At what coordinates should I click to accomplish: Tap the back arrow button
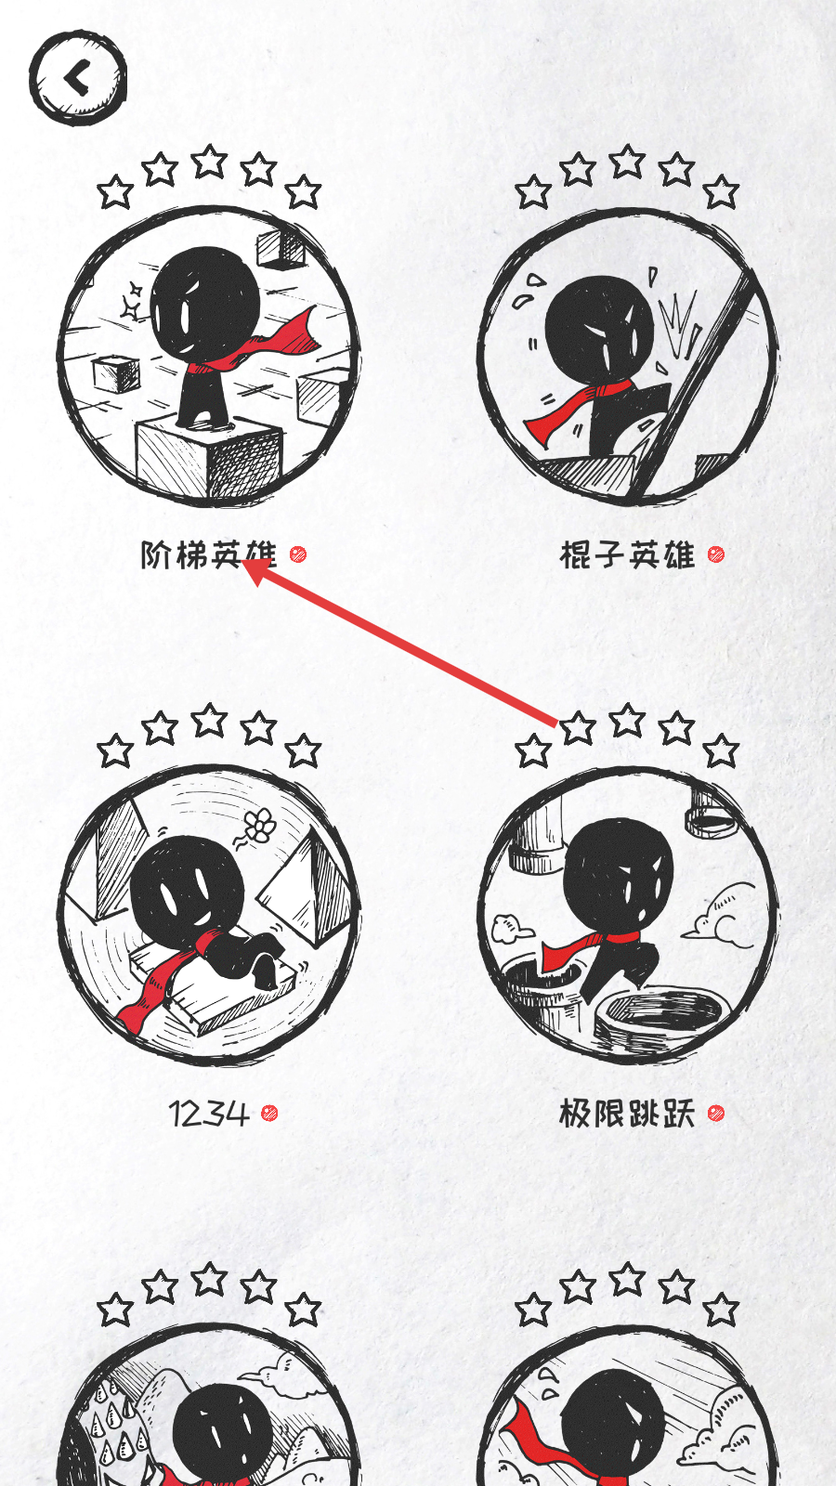[78, 78]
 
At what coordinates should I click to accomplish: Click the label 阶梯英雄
[208, 554]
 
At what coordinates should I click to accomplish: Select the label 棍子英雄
[627, 554]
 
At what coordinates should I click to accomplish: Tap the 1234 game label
[209, 1114]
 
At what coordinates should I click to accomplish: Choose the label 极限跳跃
[627, 1114]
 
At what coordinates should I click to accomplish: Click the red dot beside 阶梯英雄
[298, 554]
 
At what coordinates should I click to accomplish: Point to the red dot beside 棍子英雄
[716, 554]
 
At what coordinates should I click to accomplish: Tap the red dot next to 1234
[268, 1113]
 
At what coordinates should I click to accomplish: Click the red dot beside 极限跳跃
[716, 1113]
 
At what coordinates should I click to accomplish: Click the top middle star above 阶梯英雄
[210, 162]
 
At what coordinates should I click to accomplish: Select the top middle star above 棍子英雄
[628, 162]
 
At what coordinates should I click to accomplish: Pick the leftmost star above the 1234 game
[115, 751]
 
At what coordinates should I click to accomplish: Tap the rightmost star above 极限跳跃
[721, 751]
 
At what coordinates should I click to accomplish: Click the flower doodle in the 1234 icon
[259, 826]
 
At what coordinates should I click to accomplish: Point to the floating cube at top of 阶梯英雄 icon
[281, 250]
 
